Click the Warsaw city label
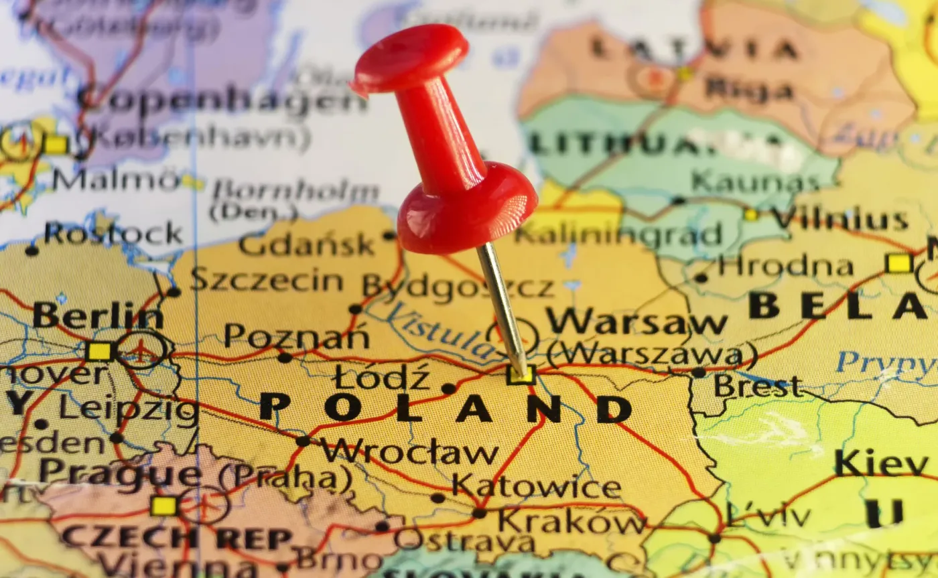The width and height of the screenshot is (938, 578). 636,322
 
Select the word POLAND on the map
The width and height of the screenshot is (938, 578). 446,408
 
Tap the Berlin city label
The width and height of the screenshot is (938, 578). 97,315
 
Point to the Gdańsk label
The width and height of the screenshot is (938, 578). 306,245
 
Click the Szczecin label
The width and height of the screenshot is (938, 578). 267,279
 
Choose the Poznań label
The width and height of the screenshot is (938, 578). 297,336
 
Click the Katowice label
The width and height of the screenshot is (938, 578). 536,486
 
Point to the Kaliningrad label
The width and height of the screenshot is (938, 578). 619,234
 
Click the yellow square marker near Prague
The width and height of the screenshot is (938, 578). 163,506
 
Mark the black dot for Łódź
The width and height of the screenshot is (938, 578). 448,388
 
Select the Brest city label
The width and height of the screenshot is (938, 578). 758,386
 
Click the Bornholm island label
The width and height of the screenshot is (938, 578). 295,193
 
